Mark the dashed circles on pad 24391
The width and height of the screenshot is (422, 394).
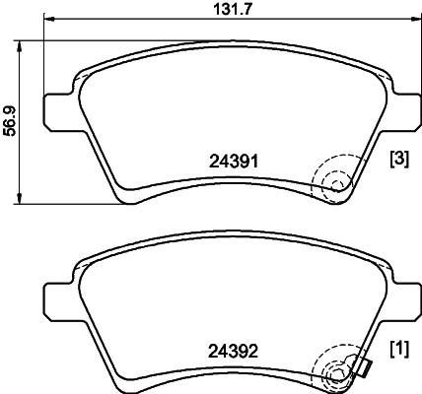coord(334,181)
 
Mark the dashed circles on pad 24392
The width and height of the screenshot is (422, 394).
coord(334,370)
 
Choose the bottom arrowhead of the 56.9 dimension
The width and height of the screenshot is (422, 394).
coord(23,201)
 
